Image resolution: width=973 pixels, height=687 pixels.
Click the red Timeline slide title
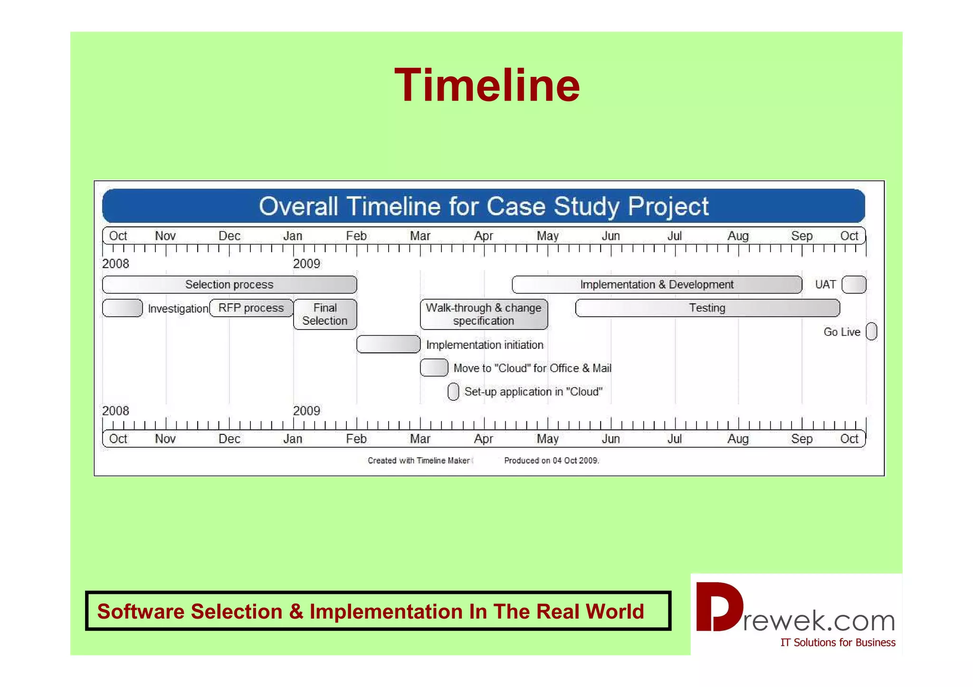click(486, 85)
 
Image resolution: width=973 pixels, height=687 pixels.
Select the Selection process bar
click(229, 284)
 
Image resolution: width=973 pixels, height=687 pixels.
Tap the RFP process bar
click(251, 308)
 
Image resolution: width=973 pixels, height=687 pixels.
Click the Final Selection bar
click(325, 314)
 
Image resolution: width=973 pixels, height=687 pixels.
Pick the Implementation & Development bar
click(657, 284)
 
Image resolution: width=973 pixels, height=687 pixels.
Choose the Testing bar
click(707, 308)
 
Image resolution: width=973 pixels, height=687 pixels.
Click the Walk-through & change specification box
click(484, 314)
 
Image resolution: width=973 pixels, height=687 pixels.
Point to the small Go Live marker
click(871, 331)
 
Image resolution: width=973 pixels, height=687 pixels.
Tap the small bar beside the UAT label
click(854, 284)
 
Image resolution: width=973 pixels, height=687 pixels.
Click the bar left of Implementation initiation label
click(388, 344)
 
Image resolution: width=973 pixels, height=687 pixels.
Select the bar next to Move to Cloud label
click(434, 367)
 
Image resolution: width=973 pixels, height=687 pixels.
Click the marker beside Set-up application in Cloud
click(453, 392)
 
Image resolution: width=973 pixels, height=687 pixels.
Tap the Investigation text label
click(178, 309)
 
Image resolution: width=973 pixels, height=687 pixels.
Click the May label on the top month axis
click(547, 236)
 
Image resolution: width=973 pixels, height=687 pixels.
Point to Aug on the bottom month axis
click(738, 439)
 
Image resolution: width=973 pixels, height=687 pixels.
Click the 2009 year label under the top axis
click(306, 264)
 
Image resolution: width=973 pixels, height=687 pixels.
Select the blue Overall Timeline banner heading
click(483, 206)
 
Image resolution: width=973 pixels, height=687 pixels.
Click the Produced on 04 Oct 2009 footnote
click(551, 461)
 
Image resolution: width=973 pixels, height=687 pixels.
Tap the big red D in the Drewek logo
click(718, 607)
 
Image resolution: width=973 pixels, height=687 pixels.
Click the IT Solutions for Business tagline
click(838, 642)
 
